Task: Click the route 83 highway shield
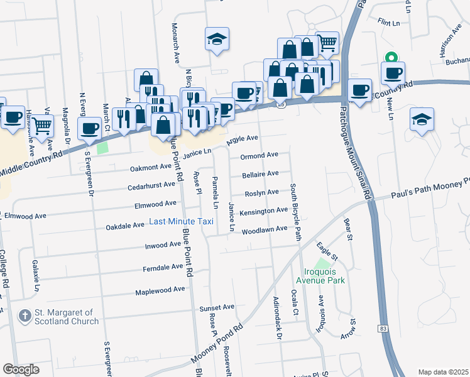click(383, 329)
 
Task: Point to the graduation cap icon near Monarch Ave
click(216, 40)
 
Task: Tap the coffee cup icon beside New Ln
click(394, 72)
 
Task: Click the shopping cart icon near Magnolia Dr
click(42, 125)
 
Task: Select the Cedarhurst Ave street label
click(151, 185)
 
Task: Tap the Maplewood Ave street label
click(160, 289)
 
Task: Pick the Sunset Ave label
click(216, 307)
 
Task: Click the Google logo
click(21, 369)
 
